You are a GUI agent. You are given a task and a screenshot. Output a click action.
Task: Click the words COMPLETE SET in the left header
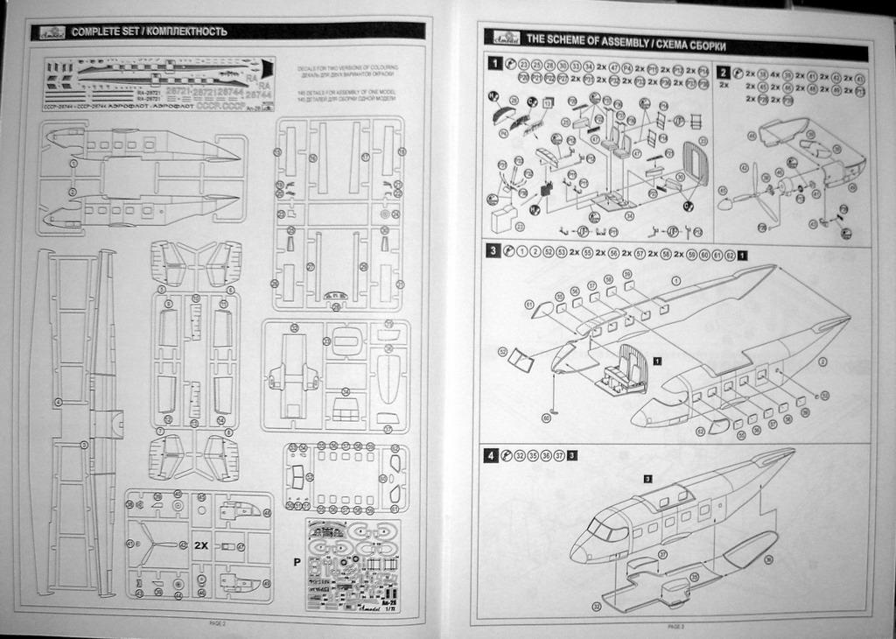click(102, 32)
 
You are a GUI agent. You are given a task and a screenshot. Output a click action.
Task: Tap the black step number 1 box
click(495, 64)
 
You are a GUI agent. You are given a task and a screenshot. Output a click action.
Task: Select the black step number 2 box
click(724, 72)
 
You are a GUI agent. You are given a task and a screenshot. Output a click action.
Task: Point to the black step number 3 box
click(493, 251)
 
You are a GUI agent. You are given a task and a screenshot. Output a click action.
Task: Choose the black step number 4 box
click(493, 455)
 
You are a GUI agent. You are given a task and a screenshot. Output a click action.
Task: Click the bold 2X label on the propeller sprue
click(201, 545)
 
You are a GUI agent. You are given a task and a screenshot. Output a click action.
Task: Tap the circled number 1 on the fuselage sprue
click(73, 164)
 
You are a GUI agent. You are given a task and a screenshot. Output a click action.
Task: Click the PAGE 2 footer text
click(218, 623)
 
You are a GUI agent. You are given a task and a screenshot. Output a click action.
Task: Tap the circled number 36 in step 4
click(768, 558)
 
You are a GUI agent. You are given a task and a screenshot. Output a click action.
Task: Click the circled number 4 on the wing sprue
click(58, 402)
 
